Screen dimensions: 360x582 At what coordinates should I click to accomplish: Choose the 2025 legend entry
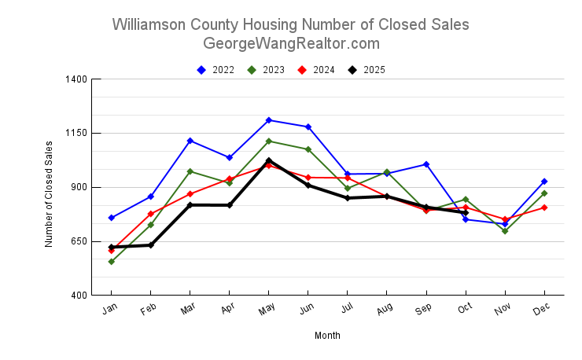[367, 70]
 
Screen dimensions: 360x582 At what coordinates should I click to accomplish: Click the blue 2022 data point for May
[269, 120]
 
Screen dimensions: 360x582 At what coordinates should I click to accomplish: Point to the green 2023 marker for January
[112, 262]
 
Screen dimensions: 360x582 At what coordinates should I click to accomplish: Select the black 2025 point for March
[190, 205]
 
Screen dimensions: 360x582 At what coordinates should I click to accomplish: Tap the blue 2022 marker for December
[544, 182]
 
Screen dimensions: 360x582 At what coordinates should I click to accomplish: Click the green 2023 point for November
[505, 231]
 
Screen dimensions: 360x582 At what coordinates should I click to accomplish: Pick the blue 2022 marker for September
[426, 164]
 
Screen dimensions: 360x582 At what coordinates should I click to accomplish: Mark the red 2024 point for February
[151, 214]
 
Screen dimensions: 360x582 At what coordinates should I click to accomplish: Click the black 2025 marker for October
[466, 213]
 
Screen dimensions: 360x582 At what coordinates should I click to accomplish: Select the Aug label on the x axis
[385, 310]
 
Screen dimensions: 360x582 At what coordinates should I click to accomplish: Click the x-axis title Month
[327, 336]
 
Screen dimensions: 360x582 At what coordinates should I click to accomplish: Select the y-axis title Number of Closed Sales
[49, 193]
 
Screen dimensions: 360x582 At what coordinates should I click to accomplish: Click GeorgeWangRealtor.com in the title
[291, 43]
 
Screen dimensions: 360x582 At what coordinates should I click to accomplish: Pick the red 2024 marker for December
[544, 208]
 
